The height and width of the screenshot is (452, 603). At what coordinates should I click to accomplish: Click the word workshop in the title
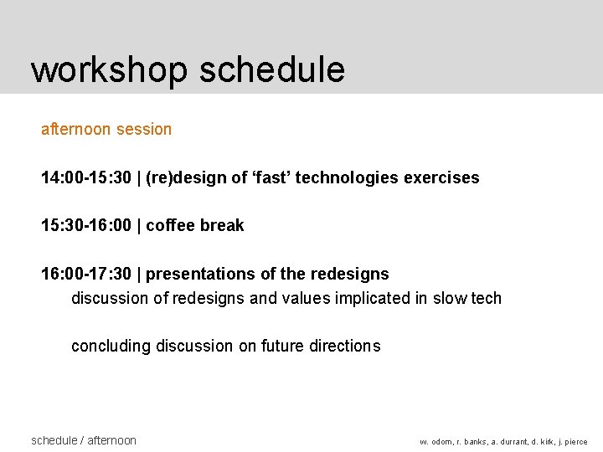pyautogui.click(x=109, y=69)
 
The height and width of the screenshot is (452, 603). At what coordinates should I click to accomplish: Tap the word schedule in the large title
pyautogui.click(x=272, y=69)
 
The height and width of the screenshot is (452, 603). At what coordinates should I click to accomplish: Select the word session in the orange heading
pyautogui.click(x=144, y=129)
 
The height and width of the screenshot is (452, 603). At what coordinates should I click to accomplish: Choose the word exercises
pyautogui.click(x=441, y=177)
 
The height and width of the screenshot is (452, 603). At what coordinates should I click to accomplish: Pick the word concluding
pyautogui.click(x=110, y=346)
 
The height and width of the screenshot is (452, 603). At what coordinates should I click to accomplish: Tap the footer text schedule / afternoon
pyautogui.click(x=83, y=440)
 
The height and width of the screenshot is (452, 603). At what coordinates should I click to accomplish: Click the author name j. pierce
pyautogui.click(x=571, y=442)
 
